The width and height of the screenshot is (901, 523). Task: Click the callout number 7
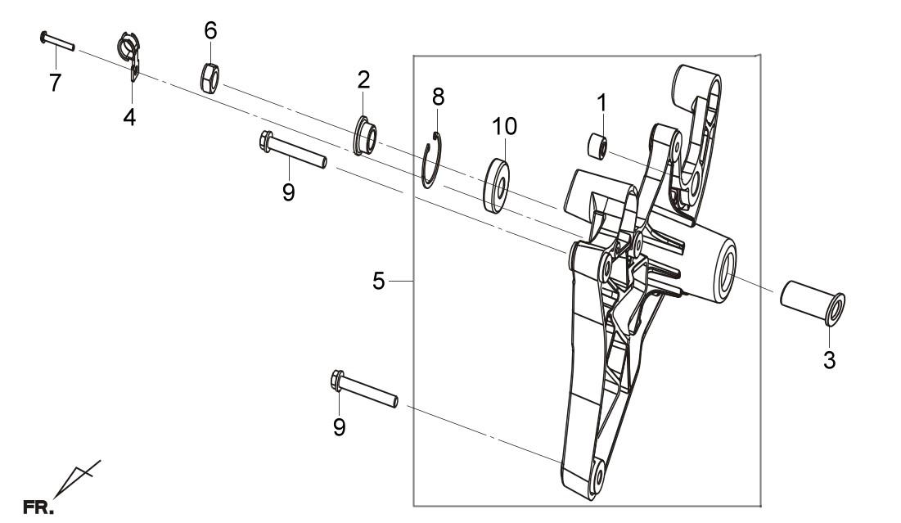click(x=55, y=83)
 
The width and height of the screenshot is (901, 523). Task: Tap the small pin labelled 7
click(x=57, y=42)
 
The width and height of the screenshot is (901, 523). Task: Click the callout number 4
click(x=130, y=117)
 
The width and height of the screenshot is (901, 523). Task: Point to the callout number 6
click(x=211, y=30)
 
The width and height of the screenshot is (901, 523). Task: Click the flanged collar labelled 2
click(x=365, y=136)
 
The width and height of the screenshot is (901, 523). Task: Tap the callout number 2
click(x=363, y=80)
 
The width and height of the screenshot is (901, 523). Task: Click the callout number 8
click(x=439, y=97)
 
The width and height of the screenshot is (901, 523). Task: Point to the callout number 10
click(x=505, y=126)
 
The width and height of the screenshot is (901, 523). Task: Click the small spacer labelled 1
click(x=597, y=146)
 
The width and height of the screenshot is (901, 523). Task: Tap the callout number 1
click(x=601, y=103)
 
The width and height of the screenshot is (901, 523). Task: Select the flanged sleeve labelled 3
click(x=813, y=302)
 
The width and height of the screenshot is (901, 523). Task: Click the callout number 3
click(x=829, y=361)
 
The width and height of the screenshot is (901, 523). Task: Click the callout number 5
click(x=378, y=282)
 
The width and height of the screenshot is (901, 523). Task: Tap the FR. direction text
click(x=38, y=508)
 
